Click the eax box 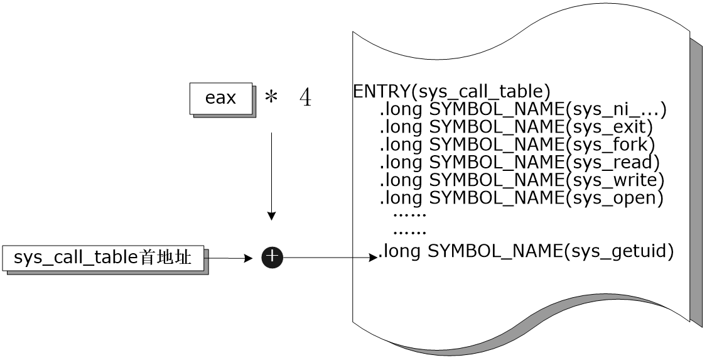(x=221, y=98)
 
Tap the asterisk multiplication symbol (x=271, y=99)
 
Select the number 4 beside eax (x=305, y=99)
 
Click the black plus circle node (x=272, y=257)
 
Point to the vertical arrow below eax (x=271, y=176)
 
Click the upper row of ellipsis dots (x=409, y=215)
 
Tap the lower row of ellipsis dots (x=409, y=232)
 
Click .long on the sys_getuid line (x=400, y=252)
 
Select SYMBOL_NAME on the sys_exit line (x=496, y=127)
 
